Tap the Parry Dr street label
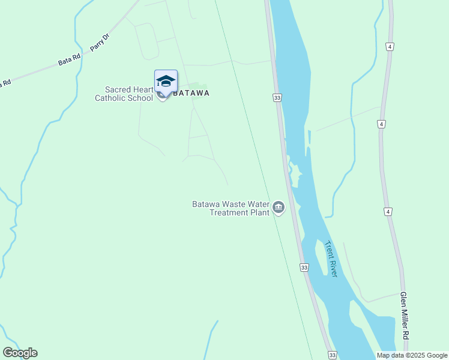[100, 42]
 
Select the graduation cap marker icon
[165, 81]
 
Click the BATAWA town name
[191, 93]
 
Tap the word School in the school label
[140, 98]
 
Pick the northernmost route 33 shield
[277, 97]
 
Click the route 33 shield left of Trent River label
[304, 267]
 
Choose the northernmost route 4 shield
[390, 46]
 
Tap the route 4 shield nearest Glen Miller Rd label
[388, 212]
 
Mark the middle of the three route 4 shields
[381, 124]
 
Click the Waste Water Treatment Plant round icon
[278, 208]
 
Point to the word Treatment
[231, 212]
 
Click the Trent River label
[331, 259]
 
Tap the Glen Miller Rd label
[405, 317]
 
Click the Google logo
[20, 353]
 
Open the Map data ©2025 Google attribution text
[411, 355]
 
